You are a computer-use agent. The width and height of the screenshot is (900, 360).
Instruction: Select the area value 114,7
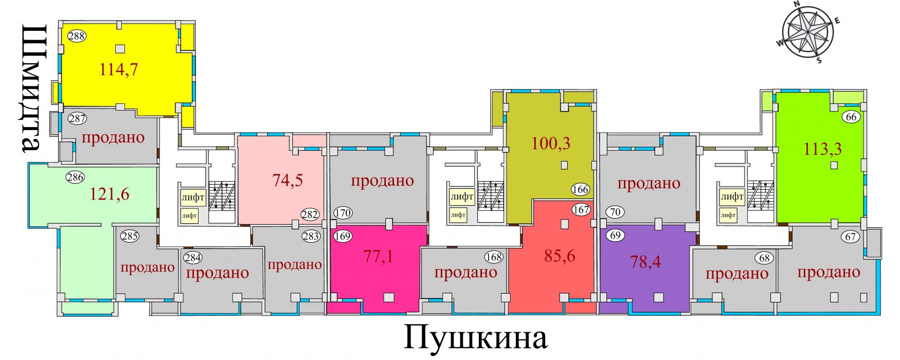tap(119, 69)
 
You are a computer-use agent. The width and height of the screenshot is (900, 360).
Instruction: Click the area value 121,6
tap(110, 194)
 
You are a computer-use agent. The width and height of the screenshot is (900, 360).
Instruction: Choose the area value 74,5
tap(287, 180)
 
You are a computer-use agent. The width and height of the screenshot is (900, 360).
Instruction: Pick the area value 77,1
tap(379, 256)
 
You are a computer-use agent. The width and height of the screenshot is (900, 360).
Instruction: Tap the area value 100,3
tap(551, 143)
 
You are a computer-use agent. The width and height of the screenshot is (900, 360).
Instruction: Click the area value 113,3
tap(823, 149)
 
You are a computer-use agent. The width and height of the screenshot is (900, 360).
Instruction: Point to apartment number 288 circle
tap(77, 36)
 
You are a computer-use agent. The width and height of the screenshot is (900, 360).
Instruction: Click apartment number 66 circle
tap(851, 117)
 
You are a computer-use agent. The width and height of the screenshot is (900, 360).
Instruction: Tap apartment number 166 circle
tap(580, 189)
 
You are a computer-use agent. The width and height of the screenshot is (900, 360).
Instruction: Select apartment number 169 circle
tap(343, 237)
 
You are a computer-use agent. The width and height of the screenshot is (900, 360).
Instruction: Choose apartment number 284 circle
tap(193, 258)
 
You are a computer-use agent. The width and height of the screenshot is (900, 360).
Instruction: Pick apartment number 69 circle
tap(615, 236)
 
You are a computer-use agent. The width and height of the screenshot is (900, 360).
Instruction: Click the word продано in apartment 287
tap(113, 137)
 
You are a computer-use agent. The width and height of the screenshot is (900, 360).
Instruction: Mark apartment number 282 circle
tap(310, 214)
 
